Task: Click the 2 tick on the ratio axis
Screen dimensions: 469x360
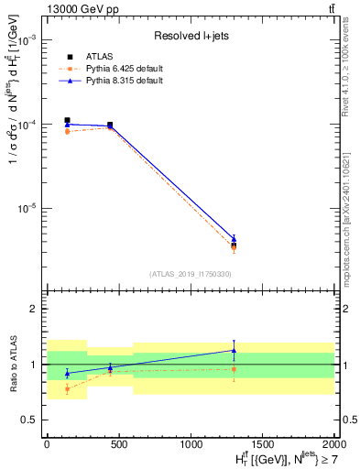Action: (x=35, y=310)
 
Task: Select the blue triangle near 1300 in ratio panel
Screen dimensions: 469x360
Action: (x=234, y=350)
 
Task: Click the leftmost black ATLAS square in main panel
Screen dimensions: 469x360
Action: (x=67, y=120)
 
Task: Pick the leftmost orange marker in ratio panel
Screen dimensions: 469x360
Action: (x=67, y=388)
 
